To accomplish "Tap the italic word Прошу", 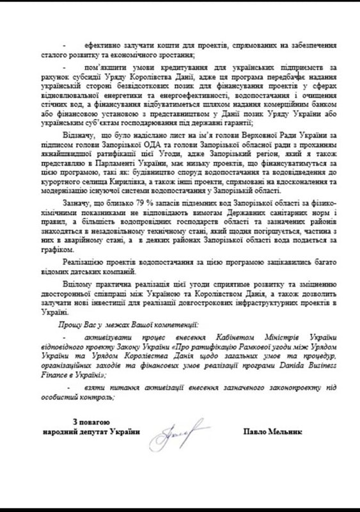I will (x=68, y=326).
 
